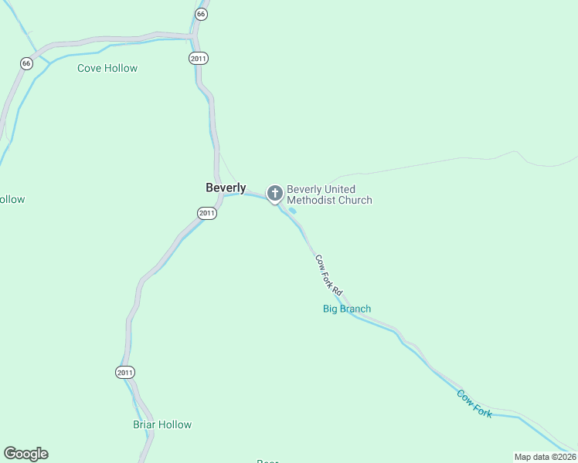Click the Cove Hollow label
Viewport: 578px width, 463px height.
(x=107, y=68)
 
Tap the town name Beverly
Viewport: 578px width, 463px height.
(x=226, y=188)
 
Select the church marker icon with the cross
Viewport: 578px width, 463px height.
(x=274, y=193)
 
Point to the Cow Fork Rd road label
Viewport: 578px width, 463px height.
(x=328, y=275)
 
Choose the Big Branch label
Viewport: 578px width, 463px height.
(x=346, y=309)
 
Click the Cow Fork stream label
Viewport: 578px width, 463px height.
(x=474, y=404)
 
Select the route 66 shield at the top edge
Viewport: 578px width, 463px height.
(x=201, y=14)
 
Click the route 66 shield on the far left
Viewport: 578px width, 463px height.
(x=26, y=64)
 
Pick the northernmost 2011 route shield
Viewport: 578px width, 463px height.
(x=199, y=58)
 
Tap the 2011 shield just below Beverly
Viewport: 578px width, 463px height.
(x=206, y=213)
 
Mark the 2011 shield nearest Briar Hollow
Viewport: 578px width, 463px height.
(x=125, y=372)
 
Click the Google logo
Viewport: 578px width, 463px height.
(x=25, y=454)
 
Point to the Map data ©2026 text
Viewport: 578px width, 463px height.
(x=545, y=457)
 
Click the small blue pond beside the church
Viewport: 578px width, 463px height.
(x=292, y=210)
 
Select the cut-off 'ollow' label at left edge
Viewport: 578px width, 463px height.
(x=12, y=199)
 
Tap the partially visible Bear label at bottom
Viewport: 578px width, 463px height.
(x=267, y=461)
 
